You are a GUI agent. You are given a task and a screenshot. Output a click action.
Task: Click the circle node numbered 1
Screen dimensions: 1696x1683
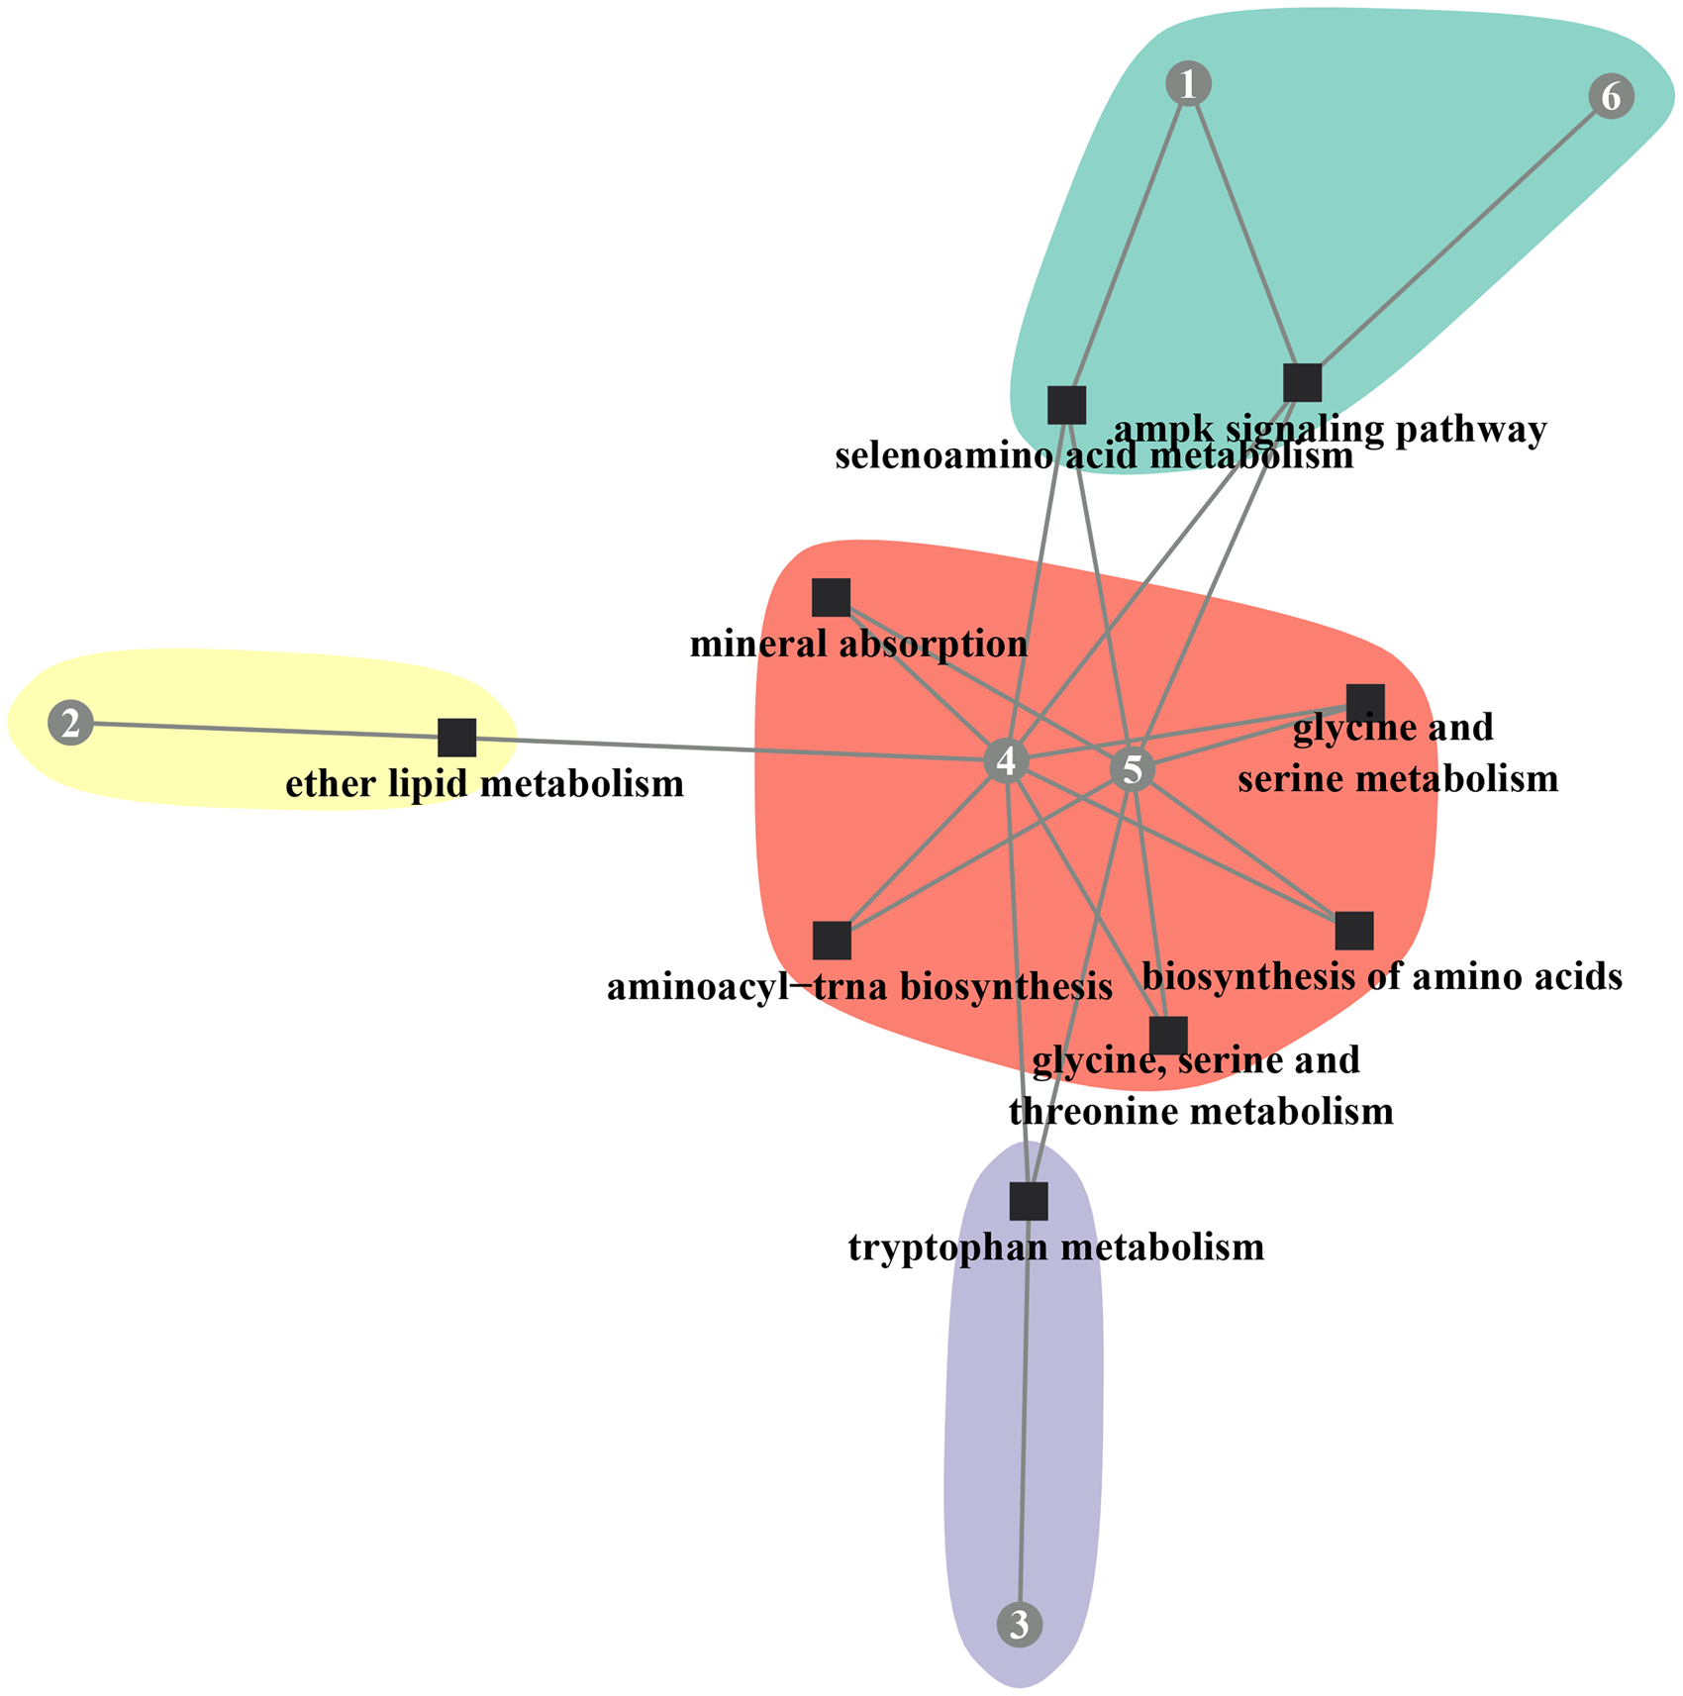pyautogui.click(x=1188, y=84)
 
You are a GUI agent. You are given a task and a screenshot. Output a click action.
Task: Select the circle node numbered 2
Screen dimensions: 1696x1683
pyautogui.click(x=70, y=724)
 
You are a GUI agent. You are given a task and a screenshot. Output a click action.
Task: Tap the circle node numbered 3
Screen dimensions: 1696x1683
pyautogui.click(x=1020, y=1625)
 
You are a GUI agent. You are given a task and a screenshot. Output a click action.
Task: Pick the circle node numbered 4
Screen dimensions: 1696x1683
pyautogui.click(x=1007, y=761)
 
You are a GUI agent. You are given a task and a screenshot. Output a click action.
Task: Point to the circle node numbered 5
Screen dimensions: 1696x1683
pyautogui.click(x=1133, y=769)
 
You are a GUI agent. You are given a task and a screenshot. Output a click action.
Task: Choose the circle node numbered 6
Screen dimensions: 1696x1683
pyautogui.click(x=1611, y=97)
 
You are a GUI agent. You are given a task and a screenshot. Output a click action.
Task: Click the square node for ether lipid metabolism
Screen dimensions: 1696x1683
pyautogui.click(x=457, y=738)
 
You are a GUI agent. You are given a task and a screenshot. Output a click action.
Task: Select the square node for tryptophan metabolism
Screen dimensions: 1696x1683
pyautogui.click(x=1029, y=1201)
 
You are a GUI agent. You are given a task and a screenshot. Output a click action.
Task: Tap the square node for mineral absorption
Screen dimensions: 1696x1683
pyautogui.click(x=831, y=598)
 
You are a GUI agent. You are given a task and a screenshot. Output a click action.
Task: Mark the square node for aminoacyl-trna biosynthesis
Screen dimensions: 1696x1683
pyautogui.click(x=832, y=941)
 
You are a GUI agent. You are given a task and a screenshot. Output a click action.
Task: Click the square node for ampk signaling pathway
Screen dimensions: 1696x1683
pyautogui.click(x=1302, y=382)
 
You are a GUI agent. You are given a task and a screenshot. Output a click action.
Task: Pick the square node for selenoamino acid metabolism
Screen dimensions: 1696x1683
pyautogui.click(x=1066, y=405)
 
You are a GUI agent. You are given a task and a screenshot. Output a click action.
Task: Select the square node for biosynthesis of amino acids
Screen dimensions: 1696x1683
pyautogui.click(x=1354, y=931)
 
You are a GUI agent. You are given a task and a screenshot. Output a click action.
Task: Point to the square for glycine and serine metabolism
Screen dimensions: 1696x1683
pyautogui.click(x=1365, y=703)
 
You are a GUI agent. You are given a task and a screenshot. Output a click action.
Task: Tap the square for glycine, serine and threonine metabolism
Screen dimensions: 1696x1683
pyautogui.click(x=1168, y=1036)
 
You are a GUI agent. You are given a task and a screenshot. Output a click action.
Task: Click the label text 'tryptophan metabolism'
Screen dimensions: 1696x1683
pyautogui.click(x=1056, y=1247)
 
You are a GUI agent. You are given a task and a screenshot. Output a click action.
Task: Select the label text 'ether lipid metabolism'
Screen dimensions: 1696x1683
pyautogui.click(x=484, y=785)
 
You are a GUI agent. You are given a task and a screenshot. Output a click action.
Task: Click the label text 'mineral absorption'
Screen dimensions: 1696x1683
pyautogui.click(x=858, y=646)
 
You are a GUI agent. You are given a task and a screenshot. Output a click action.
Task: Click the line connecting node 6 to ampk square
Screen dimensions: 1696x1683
pyautogui.click(x=1455, y=241)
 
